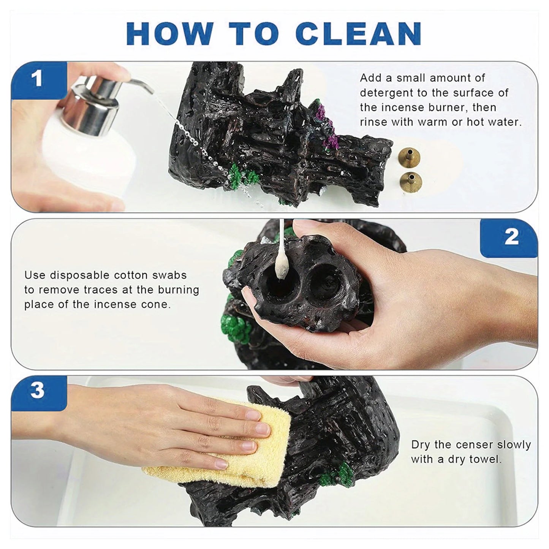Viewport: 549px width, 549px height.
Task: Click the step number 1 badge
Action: click(x=37, y=79)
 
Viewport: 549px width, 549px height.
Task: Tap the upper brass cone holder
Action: click(x=410, y=157)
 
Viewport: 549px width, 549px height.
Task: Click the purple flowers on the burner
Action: click(x=327, y=125)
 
